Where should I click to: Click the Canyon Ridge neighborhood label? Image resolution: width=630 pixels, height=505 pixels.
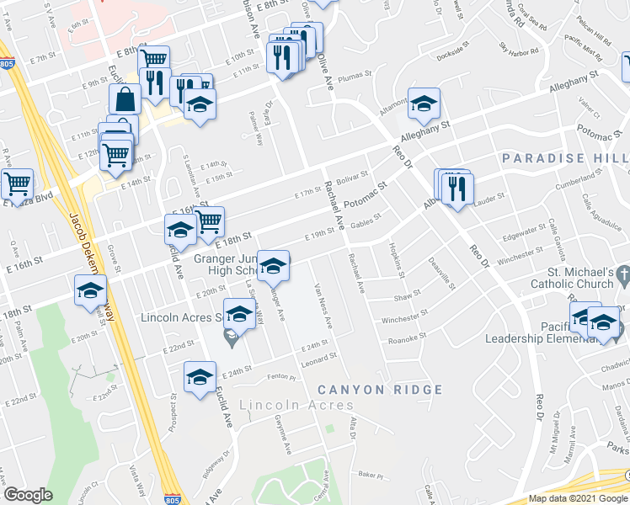pos(380,390)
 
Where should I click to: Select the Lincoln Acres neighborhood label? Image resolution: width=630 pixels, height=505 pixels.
pos(296,406)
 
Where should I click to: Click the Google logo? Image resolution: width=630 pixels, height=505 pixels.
pos(28,495)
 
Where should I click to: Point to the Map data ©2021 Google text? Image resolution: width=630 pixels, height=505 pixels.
pos(578,498)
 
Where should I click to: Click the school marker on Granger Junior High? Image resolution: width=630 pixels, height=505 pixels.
pos(272,268)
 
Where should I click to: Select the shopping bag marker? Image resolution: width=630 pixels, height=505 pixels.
pos(125,99)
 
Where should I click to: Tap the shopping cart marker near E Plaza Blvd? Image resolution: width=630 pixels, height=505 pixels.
pos(16,183)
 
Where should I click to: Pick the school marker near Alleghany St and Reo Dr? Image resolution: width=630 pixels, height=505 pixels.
pos(424,104)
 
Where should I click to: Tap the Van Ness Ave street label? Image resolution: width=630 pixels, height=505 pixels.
pos(323,304)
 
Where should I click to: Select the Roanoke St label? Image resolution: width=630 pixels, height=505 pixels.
pos(408,339)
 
